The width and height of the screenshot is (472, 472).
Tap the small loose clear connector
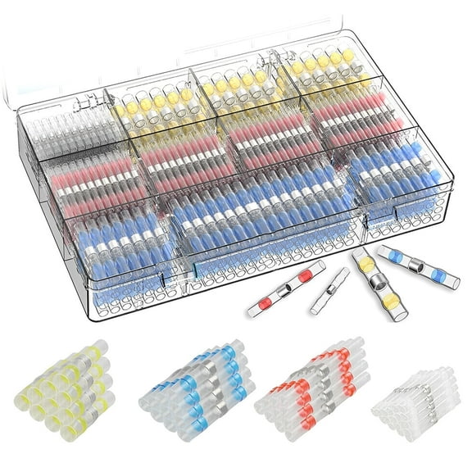[x=329, y=291]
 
